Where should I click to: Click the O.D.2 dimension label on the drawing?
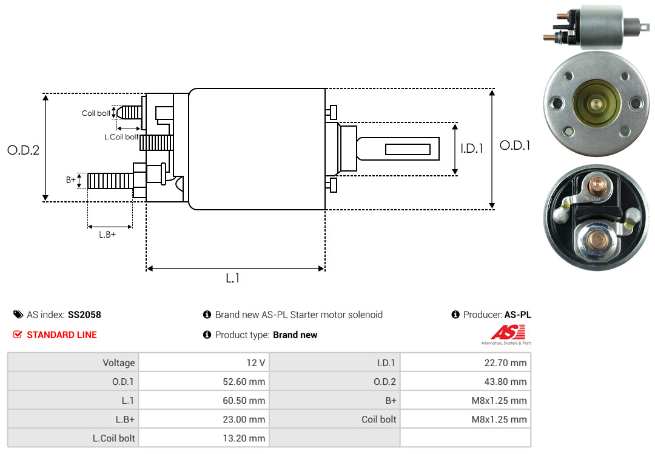coord(24,150)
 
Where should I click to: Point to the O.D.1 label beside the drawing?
coord(515,145)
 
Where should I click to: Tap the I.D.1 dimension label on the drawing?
coord(472,149)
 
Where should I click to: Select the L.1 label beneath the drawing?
coord(233,278)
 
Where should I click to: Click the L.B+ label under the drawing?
coord(107,235)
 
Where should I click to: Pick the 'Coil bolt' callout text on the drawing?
coord(96,113)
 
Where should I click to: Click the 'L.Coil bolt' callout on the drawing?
coord(121,136)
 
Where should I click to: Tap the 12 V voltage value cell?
coord(256,362)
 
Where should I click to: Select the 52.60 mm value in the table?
coord(244,381)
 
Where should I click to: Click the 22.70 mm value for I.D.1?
coord(505,362)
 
